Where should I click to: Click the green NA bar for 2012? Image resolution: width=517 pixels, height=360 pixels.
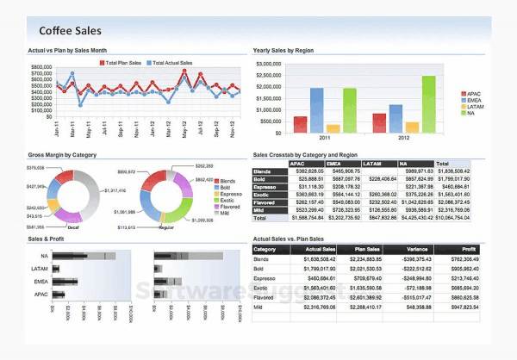point(428,103)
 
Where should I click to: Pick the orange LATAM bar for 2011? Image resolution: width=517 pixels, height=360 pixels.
point(333,128)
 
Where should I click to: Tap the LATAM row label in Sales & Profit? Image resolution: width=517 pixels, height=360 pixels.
point(43,269)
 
